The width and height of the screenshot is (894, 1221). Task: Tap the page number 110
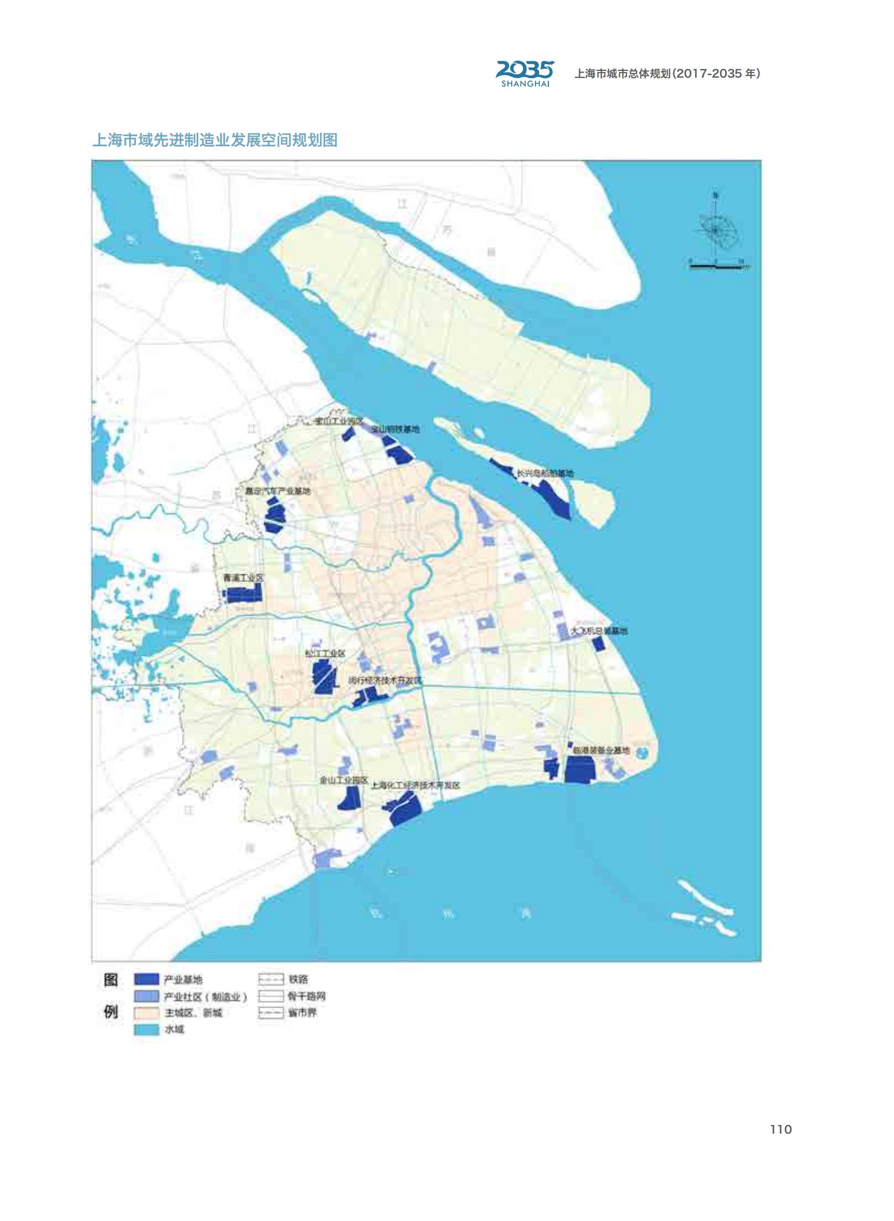click(780, 1129)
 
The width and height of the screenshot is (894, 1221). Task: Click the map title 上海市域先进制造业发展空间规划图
click(215, 140)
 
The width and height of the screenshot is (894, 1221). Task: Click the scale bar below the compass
click(717, 266)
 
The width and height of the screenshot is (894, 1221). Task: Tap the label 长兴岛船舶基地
click(545, 473)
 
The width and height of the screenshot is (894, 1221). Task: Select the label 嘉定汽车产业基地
click(278, 491)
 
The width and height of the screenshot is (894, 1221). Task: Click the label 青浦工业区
click(243, 578)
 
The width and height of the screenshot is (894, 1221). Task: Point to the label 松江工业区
click(325, 653)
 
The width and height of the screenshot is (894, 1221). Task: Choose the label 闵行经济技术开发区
click(385, 681)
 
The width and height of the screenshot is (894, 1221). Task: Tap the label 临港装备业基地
click(601, 750)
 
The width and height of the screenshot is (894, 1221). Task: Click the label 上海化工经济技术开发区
click(415, 785)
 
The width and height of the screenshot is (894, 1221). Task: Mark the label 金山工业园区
click(343, 780)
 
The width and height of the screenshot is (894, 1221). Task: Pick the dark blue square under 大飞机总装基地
click(598, 644)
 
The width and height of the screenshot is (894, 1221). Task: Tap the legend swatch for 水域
click(146, 1029)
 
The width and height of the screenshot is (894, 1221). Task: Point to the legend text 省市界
click(302, 1013)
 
